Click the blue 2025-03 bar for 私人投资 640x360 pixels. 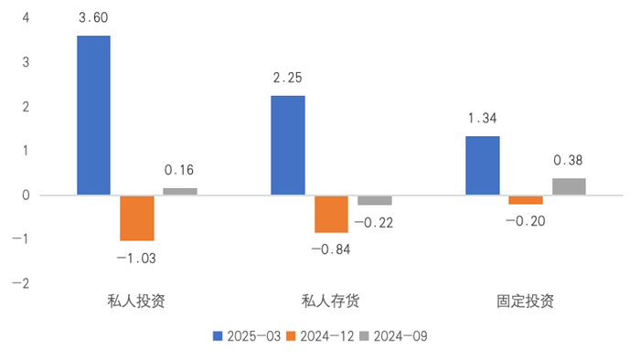click(93, 115)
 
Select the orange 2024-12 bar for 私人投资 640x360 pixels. click(137, 217)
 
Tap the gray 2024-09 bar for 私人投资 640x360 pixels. click(180, 191)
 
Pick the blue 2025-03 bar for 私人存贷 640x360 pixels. click(288, 145)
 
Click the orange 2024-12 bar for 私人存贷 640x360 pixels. click(331, 214)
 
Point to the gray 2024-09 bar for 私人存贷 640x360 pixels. click(374, 200)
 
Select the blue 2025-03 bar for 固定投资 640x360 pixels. click(483, 165)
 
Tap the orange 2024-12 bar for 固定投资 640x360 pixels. click(526, 199)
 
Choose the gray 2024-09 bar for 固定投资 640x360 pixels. click(569, 186)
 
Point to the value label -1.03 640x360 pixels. click(136, 258)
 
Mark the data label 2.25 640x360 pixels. click(288, 78)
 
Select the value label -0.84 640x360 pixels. click(331, 249)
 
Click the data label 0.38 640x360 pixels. click(569, 160)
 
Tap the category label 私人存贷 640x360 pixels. click(331, 301)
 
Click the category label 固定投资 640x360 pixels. click(525, 301)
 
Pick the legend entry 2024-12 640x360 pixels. click(324, 335)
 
